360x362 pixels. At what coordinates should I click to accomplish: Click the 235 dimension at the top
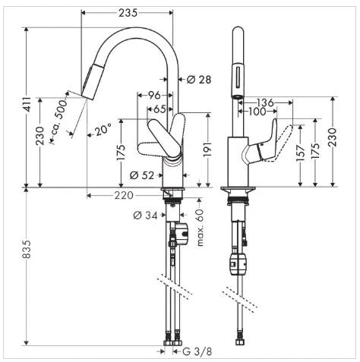(x=128, y=13)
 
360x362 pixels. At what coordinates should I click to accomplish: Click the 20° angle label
(x=103, y=131)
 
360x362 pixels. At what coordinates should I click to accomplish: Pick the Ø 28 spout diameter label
(x=199, y=80)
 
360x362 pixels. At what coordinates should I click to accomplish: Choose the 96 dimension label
(x=154, y=96)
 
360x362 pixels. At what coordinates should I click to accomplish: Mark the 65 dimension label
(x=159, y=109)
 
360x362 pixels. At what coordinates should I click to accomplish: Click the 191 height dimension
(x=207, y=150)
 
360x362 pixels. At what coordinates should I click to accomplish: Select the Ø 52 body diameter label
(x=142, y=175)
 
